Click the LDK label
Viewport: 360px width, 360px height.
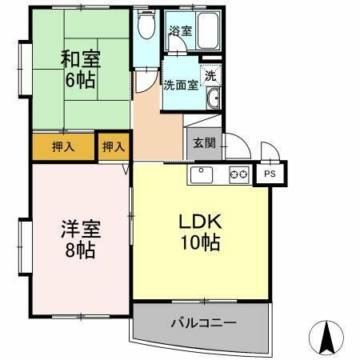198,221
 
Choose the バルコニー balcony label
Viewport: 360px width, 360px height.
202,323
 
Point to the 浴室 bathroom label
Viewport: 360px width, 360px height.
180,32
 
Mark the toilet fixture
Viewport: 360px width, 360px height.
145,27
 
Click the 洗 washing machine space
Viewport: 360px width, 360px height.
211,75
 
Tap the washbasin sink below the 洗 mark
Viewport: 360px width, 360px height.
213,99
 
